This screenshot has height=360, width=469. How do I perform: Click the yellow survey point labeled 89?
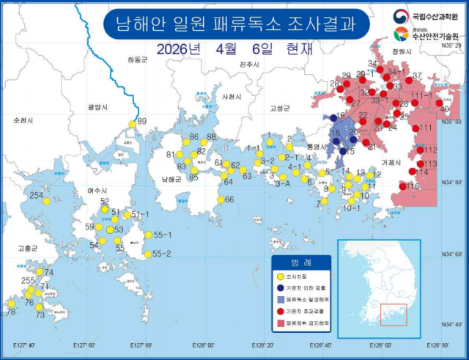click(x=132, y=124)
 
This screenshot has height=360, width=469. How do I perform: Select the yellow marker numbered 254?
click(x=46, y=200)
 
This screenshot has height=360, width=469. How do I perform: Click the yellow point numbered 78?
click(x=12, y=304)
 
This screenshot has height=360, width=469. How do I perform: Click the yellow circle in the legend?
click(x=280, y=277)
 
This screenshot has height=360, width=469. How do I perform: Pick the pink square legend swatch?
click(x=280, y=323)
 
